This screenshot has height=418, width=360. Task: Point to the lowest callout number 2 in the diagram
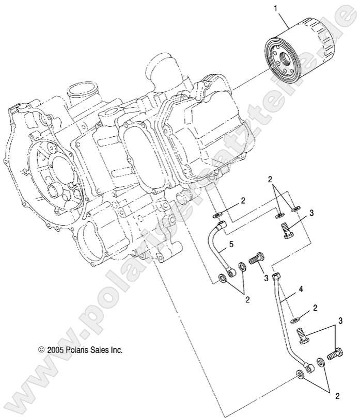tap(337, 396)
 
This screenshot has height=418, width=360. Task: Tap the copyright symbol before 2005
tap(42, 349)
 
